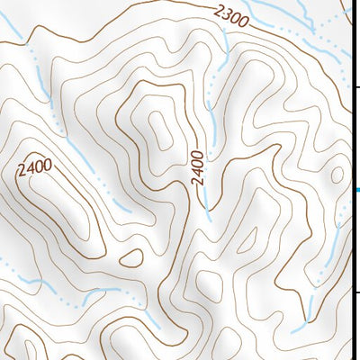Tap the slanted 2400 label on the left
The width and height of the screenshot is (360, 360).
tap(34, 165)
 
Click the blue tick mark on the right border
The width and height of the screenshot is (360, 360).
tap(357, 189)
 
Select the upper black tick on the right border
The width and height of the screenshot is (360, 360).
tap(356, 87)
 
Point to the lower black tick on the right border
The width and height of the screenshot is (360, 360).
tap(356, 292)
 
